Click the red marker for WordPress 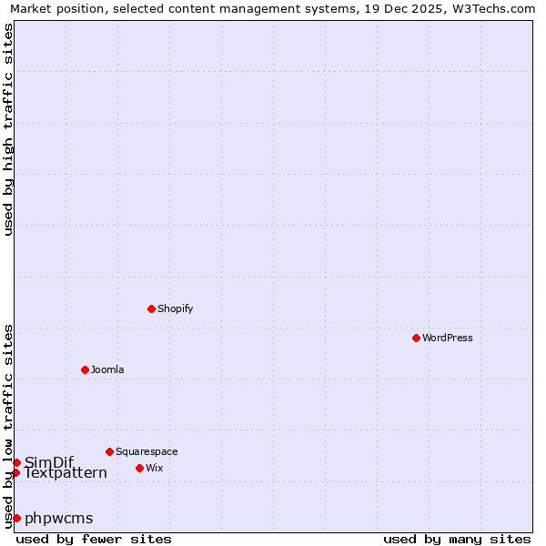(416, 338)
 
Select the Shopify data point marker (151, 308)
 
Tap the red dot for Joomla (85, 369)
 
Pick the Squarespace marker (109, 451)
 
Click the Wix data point (139, 468)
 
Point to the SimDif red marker (16, 462)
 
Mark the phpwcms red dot (16, 518)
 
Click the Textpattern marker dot (15, 472)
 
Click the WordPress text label (448, 338)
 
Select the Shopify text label (176, 308)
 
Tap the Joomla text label (107, 369)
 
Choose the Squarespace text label (147, 451)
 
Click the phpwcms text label (59, 518)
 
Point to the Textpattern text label (66, 473)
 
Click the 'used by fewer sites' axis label (94, 539)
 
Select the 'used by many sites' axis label (457, 539)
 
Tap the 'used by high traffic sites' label (8, 129)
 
